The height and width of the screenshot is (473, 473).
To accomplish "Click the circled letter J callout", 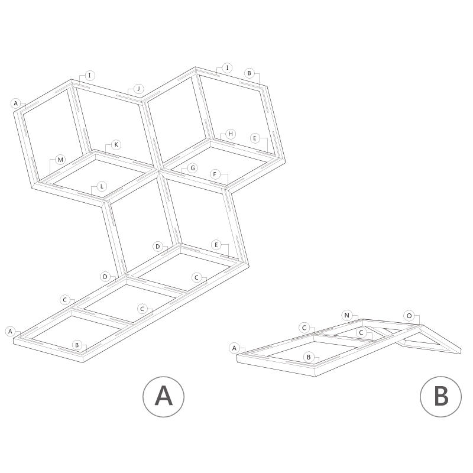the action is point(139,89).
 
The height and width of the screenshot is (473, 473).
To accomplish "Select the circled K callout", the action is point(116,145).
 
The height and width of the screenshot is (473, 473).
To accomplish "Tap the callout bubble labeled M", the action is point(60,160).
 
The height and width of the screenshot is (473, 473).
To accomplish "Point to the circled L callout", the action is point(102,186).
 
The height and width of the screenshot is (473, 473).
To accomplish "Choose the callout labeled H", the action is point(231,134).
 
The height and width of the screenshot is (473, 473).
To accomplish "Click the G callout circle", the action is point(193,168).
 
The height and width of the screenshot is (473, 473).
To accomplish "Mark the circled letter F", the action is point(215,174).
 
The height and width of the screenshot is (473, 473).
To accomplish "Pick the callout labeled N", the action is point(347,315).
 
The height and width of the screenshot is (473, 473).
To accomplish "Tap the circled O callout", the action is point(409,316).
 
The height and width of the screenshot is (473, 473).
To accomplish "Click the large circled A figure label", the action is point(164,397).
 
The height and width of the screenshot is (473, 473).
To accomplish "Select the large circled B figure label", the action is point(440,397).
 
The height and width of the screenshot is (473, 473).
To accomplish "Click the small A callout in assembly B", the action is point(234,348).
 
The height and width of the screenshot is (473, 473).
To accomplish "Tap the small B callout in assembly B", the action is point(309,357).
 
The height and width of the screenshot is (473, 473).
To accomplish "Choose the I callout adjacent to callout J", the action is point(90,76).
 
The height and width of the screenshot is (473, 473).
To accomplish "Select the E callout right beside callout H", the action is point(255,138).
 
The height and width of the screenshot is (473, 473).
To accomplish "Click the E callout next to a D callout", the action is point(216,245).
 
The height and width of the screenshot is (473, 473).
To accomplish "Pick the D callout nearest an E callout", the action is point(157,247).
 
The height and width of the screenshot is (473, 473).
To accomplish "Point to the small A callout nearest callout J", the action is point(16,103).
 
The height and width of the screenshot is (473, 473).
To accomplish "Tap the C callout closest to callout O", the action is point(361,333).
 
